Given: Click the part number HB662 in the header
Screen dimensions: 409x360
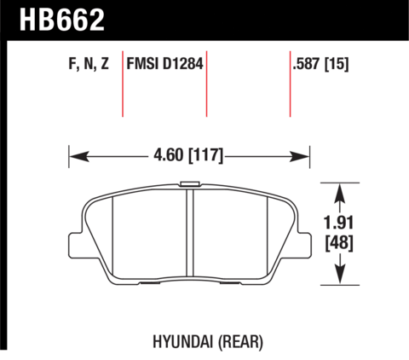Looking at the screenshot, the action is coord(62,20).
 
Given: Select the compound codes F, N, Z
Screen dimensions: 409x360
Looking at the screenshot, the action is coord(89,64).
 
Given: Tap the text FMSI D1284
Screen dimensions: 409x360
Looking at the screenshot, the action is coord(164,63).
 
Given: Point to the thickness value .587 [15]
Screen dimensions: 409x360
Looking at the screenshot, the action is coord(320,64).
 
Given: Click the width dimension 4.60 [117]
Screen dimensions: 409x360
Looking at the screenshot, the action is coord(188,155).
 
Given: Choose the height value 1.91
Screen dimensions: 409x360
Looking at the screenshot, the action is coord(339,223).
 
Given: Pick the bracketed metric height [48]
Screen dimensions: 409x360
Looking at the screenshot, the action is coord(339,243).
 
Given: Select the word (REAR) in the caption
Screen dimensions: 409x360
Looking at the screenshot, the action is coord(240,342).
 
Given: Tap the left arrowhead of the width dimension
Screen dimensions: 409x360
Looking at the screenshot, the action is coord(79,156).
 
